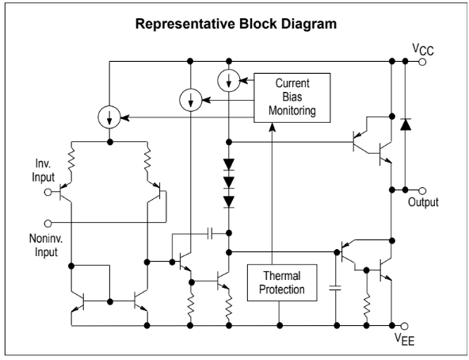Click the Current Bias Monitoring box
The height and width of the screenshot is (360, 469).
click(292, 98)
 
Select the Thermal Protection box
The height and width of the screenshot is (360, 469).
click(282, 282)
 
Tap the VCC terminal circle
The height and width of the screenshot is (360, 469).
click(422, 62)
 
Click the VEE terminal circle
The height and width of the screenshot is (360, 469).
click(404, 326)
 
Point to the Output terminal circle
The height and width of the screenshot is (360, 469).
click(422, 190)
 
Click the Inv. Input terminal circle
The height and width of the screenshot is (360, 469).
click(48, 192)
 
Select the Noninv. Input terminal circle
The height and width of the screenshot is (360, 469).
click(48, 223)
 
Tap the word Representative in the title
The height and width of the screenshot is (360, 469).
click(185, 24)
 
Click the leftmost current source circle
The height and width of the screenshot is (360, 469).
click(109, 117)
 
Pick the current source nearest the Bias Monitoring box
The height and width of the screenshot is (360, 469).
click(229, 80)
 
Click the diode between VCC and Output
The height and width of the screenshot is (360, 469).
click(406, 124)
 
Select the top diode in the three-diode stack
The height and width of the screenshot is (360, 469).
click(229, 164)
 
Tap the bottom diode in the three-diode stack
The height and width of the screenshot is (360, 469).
click(229, 202)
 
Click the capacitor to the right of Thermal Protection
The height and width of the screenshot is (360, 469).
click(335, 288)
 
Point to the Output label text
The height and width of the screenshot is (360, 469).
click(423, 202)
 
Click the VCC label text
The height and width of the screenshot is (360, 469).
click(423, 49)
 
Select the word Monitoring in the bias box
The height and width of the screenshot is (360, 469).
click(292, 110)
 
